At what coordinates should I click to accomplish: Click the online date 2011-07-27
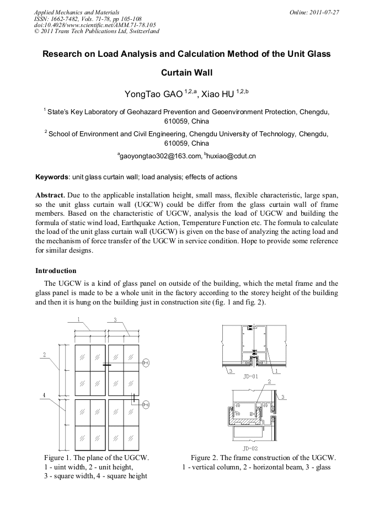coord(320,12)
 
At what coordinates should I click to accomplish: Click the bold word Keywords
coord(52,177)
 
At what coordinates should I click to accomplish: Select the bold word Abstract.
coord(50,195)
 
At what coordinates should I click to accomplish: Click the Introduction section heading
coord(56,271)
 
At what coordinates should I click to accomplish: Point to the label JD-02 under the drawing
coord(250,448)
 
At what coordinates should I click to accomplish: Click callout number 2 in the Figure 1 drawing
coord(44,354)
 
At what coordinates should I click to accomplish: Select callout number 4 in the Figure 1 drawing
coord(44,394)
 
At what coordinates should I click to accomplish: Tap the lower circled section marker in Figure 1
coord(146,405)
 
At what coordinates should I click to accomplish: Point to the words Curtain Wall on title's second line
coord(186,72)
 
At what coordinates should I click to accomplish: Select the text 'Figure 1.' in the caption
coord(58,458)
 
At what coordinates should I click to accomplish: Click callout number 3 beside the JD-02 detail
coord(282,397)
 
